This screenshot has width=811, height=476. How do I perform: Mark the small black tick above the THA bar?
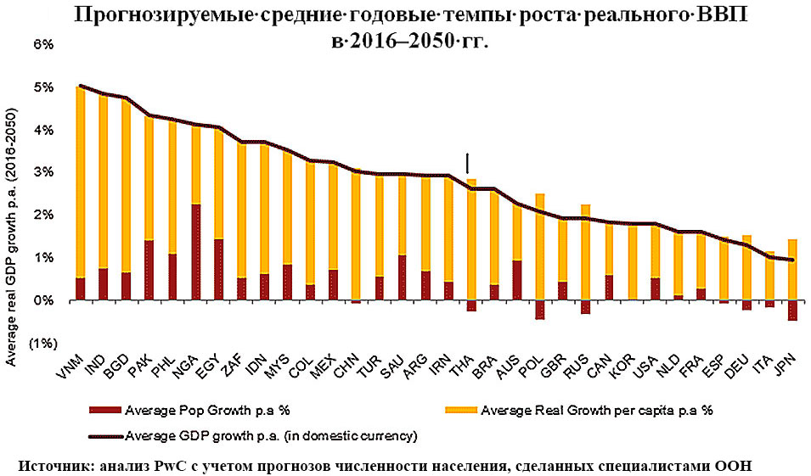click(x=467, y=162)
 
